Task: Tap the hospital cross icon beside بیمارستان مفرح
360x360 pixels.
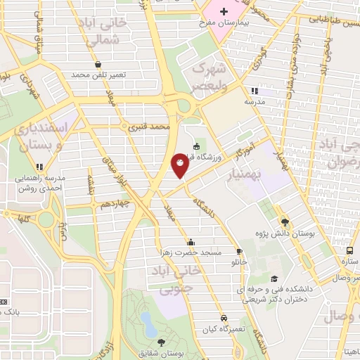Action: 224,11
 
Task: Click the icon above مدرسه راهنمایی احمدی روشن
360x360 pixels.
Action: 40,167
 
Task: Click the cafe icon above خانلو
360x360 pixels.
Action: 240,251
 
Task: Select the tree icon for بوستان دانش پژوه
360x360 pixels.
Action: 284,219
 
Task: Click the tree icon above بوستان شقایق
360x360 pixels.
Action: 162,342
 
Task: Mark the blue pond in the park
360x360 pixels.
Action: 148,324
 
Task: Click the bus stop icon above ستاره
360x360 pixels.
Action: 349,250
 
